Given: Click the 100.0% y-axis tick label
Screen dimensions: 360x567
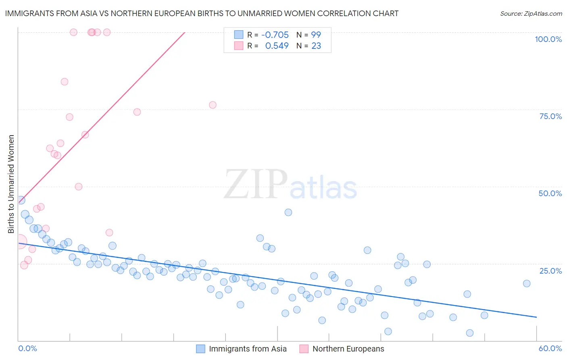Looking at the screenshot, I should click(x=548, y=39).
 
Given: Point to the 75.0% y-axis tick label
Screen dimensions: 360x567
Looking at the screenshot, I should click(x=550, y=116).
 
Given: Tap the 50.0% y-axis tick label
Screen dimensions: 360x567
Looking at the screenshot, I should click(x=550, y=193).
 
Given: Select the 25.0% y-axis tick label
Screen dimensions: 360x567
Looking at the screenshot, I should click(x=550, y=271).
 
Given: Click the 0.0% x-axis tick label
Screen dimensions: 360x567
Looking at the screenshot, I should click(x=27, y=348).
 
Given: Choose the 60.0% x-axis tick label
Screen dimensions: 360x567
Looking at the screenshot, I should click(x=550, y=348).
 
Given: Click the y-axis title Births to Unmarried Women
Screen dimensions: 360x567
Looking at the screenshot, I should click(x=11, y=184).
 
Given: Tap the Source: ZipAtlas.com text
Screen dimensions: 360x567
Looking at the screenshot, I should click(x=531, y=14).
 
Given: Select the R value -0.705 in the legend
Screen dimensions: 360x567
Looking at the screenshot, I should click(x=275, y=35).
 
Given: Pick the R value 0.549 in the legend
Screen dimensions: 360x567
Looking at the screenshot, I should click(x=277, y=46).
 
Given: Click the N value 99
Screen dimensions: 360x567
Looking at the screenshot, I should click(x=316, y=35).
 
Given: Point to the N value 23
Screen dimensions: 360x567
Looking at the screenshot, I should click(x=316, y=46).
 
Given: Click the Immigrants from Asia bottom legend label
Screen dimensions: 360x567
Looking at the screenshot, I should click(x=248, y=349).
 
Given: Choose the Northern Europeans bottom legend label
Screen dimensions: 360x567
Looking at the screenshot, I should click(x=348, y=349).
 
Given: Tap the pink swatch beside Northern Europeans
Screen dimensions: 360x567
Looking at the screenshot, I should click(x=304, y=349).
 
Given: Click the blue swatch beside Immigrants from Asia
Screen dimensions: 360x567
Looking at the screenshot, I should click(x=200, y=349).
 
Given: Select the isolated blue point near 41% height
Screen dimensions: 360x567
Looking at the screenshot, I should click(x=288, y=212).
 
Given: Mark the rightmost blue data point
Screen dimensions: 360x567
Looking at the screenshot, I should click(x=527, y=283).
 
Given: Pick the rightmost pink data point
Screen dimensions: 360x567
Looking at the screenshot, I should click(x=213, y=105).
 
